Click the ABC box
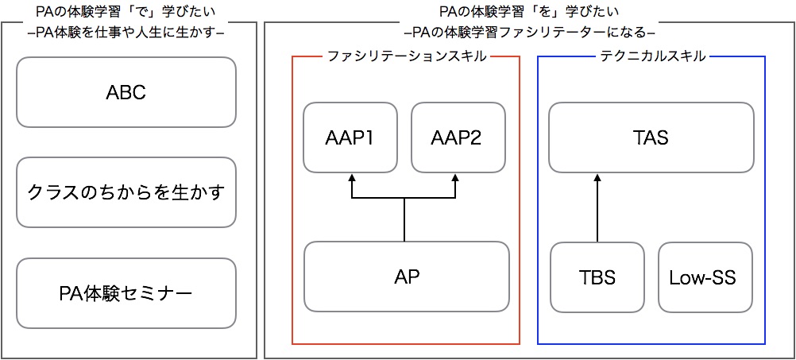pyautogui.click(x=126, y=92)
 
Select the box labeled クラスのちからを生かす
pyautogui.click(x=126, y=192)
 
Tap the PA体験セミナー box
pyautogui.click(x=126, y=293)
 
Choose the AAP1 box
pyautogui.click(x=350, y=137)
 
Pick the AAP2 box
pyautogui.click(x=458, y=137)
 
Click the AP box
pyautogui.click(x=406, y=277)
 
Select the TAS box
pyautogui.click(x=651, y=137)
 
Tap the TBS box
pyautogui.click(x=597, y=277)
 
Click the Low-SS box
pyautogui.click(x=705, y=277)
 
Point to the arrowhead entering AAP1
pyautogui.click(x=350, y=177)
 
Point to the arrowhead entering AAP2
pyautogui.click(x=456, y=177)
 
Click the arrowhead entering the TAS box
pyautogui.click(x=597, y=177)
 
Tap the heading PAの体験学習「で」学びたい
pyautogui.click(x=126, y=11)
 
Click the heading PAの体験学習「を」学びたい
pyautogui.click(x=530, y=11)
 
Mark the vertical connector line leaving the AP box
pyautogui.click(x=404, y=219)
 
